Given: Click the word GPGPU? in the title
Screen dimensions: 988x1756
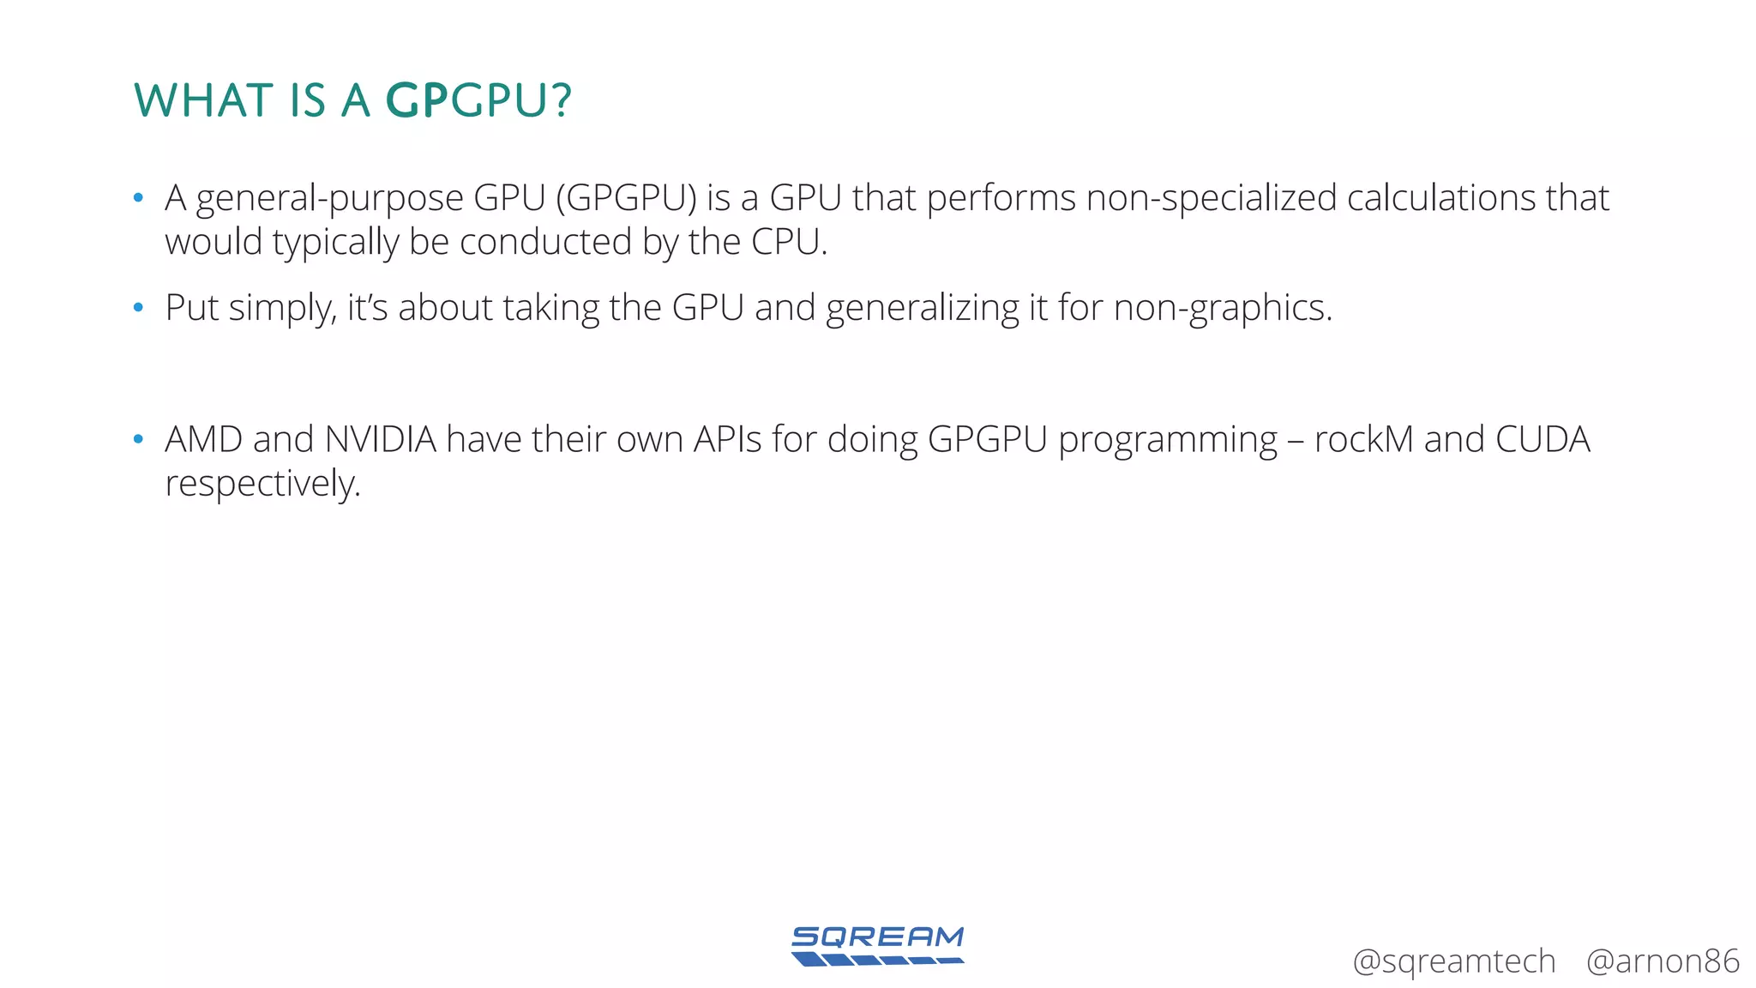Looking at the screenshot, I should (478, 100).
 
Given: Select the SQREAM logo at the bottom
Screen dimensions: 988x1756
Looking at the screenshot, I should (877, 945).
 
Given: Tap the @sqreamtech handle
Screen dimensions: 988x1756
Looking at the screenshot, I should (1453, 961).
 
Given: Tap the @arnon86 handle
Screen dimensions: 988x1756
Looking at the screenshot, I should (1662, 961).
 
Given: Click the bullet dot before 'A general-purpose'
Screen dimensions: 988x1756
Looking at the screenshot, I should (138, 199).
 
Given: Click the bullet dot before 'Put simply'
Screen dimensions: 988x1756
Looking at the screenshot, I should (138, 308).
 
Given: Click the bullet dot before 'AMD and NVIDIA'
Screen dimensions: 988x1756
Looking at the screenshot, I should (138, 440).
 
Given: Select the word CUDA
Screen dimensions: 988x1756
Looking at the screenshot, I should (1543, 439).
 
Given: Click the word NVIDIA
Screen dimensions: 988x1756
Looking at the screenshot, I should (381, 439).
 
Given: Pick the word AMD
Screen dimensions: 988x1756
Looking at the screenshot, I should (203, 439).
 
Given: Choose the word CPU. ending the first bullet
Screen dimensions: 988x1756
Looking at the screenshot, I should (790, 242).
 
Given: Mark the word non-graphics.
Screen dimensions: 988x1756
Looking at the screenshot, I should (1223, 308).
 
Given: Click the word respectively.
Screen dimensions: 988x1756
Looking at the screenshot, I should (262, 484).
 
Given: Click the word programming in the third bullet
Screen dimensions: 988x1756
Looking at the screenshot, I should (1168, 441).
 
